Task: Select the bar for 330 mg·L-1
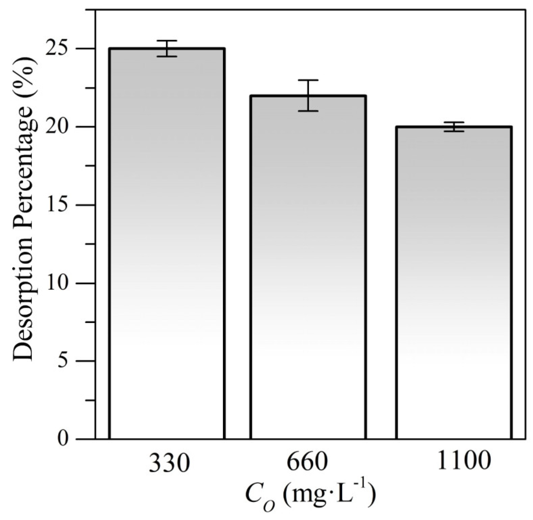pos(167,244)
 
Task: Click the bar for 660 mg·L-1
pos(308,267)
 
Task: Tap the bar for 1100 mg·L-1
pos(454,283)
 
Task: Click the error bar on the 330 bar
pos(167,49)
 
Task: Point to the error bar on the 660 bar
pos(308,95)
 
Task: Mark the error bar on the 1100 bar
pos(454,127)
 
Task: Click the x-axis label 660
pos(307,462)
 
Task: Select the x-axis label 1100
pos(464,462)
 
